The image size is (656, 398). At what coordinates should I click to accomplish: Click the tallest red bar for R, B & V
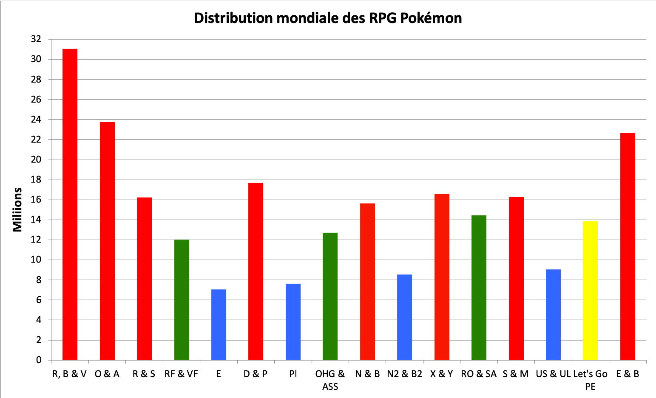[70, 204]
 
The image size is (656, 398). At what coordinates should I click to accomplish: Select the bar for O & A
[107, 241]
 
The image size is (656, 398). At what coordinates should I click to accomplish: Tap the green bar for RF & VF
[182, 300]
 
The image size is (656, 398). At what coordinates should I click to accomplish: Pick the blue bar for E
[219, 324]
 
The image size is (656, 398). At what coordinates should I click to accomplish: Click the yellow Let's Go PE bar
[590, 290]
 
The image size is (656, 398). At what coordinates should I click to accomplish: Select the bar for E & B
[628, 246]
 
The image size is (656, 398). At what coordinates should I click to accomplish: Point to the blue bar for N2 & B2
[404, 317]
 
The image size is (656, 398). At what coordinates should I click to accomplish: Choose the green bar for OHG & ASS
[330, 296]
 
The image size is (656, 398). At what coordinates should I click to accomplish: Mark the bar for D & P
[256, 271]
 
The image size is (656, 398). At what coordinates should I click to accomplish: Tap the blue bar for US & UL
[553, 315]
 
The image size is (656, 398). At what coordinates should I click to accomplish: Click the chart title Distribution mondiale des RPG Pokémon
[328, 18]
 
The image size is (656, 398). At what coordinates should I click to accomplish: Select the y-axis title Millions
[17, 209]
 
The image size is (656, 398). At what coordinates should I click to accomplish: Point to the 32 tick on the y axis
[36, 39]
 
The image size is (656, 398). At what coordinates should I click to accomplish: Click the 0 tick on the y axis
[39, 360]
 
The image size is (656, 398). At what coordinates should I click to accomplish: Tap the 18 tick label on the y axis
[36, 180]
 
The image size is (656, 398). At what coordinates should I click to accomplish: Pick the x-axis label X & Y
[441, 374]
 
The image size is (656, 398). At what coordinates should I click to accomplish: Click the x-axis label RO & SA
[479, 374]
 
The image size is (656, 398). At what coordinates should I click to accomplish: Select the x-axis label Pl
[293, 374]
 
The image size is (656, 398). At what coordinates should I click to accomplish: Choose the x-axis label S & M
[516, 374]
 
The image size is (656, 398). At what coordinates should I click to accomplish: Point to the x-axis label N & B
[367, 374]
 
